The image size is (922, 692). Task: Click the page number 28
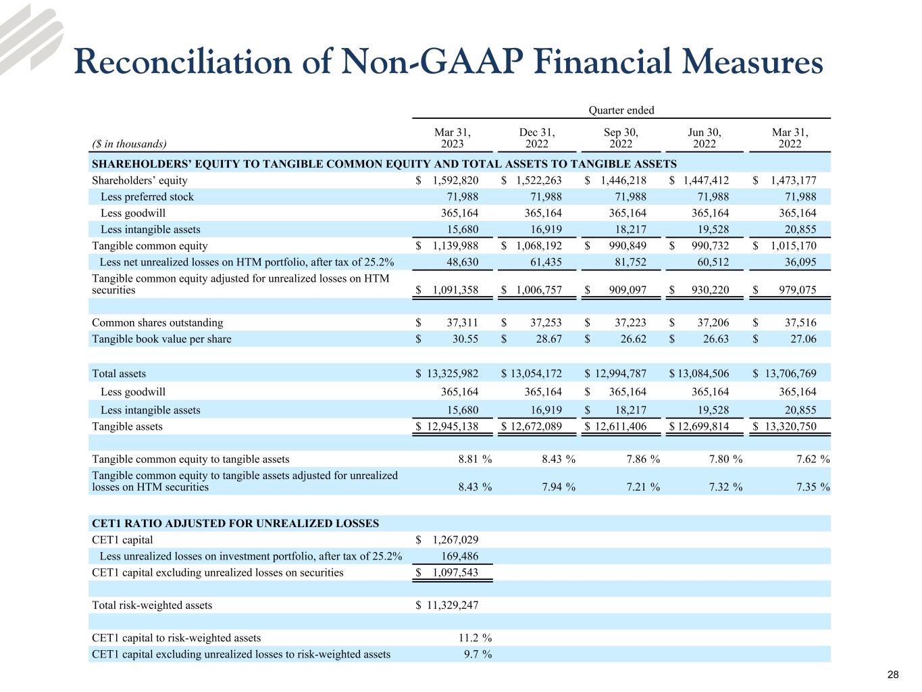(893, 675)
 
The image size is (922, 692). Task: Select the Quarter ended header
(621, 110)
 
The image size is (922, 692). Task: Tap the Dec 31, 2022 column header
(537, 138)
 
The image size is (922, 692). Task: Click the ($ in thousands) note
(129, 143)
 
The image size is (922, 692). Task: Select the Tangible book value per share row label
(161, 339)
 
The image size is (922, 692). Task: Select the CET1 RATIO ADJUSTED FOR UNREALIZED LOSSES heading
(235, 524)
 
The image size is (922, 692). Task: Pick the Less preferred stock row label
(147, 197)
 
